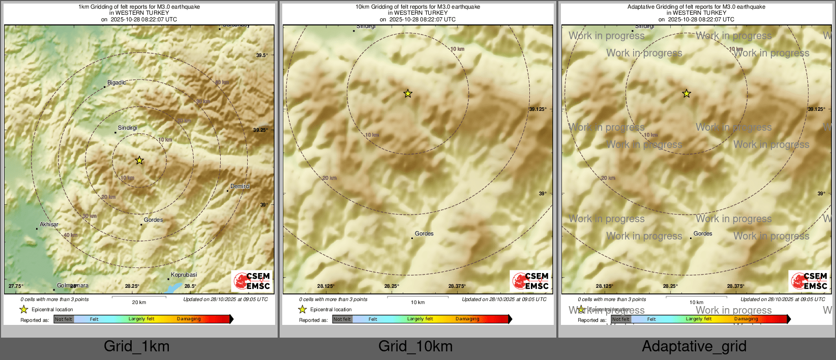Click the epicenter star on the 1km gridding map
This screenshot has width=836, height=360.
tap(139, 161)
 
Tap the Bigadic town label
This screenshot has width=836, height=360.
tap(116, 82)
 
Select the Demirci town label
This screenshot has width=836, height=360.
tap(240, 186)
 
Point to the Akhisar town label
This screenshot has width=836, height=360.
tap(49, 224)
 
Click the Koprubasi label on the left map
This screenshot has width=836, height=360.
tap(184, 275)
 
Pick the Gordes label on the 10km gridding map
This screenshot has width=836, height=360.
tap(424, 233)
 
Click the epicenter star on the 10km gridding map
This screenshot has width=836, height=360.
tap(408, 94)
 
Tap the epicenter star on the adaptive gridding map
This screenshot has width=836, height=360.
tap(686, 94)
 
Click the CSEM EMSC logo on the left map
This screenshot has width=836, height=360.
tap(252, 281)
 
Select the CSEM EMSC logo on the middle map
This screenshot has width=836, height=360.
tap(530, 281)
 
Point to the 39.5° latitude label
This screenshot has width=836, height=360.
tap(261, 55)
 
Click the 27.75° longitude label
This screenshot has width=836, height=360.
tap(16, 286)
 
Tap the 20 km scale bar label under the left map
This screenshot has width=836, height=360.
tap(139, 303)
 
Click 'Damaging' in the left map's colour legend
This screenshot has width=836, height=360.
tap(189, 319)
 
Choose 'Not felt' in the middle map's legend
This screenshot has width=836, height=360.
tap(342, 319)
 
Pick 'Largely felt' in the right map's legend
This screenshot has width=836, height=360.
tap(699, 319)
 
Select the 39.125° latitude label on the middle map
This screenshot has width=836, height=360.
tap(538, 109)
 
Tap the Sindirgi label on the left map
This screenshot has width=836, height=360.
tap(127, 128)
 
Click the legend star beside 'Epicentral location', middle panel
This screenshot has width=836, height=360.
tap(303, 309)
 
